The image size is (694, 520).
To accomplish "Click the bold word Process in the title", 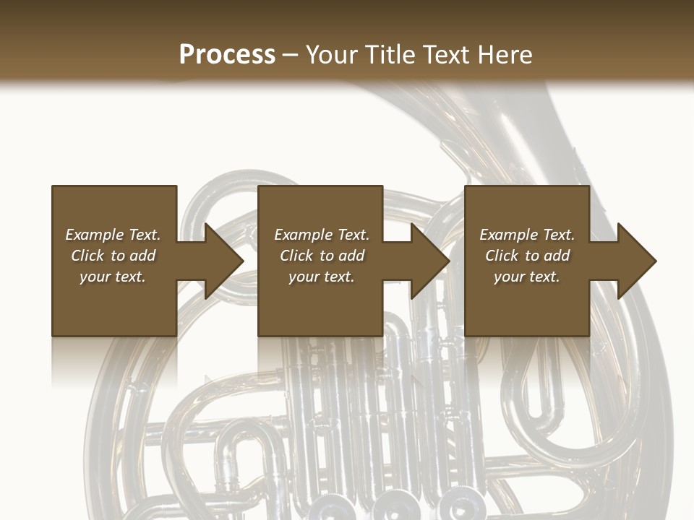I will pyautogui.click(x=227, y=54).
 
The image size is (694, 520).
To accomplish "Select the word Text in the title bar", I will pyautogui.click(x=445, y=54).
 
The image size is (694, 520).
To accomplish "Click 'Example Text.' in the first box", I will pyautogui.click(x=113, y=235).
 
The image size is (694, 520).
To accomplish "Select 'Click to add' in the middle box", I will pyautogui.click(x=322, y=256).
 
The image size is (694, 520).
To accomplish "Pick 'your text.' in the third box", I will pyautogui.click(x=526, y=277).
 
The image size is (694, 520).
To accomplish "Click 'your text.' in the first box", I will pyautogui.click(x=113, y=277).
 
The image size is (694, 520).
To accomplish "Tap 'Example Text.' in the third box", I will pyautogui.click(x=526, y=235).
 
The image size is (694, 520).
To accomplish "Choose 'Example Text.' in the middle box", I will pyautogui.click(x=322, y=235).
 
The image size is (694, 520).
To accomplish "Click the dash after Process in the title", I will pyautogui.click(x=291, y=55).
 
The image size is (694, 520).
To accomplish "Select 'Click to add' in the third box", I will pyautogui.click(x=526, y=256).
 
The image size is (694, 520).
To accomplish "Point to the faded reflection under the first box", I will pyautogui.click(x=114, y=361).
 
